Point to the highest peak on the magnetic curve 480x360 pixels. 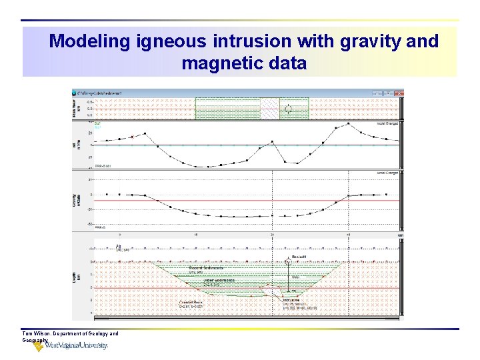(x=348, y=123)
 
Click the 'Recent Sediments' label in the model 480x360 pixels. (x=205, y=267)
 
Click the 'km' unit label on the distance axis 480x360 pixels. (x=400, y=235)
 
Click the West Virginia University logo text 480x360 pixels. (x=76, y=345)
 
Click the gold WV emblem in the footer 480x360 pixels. (x=39, y=346)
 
